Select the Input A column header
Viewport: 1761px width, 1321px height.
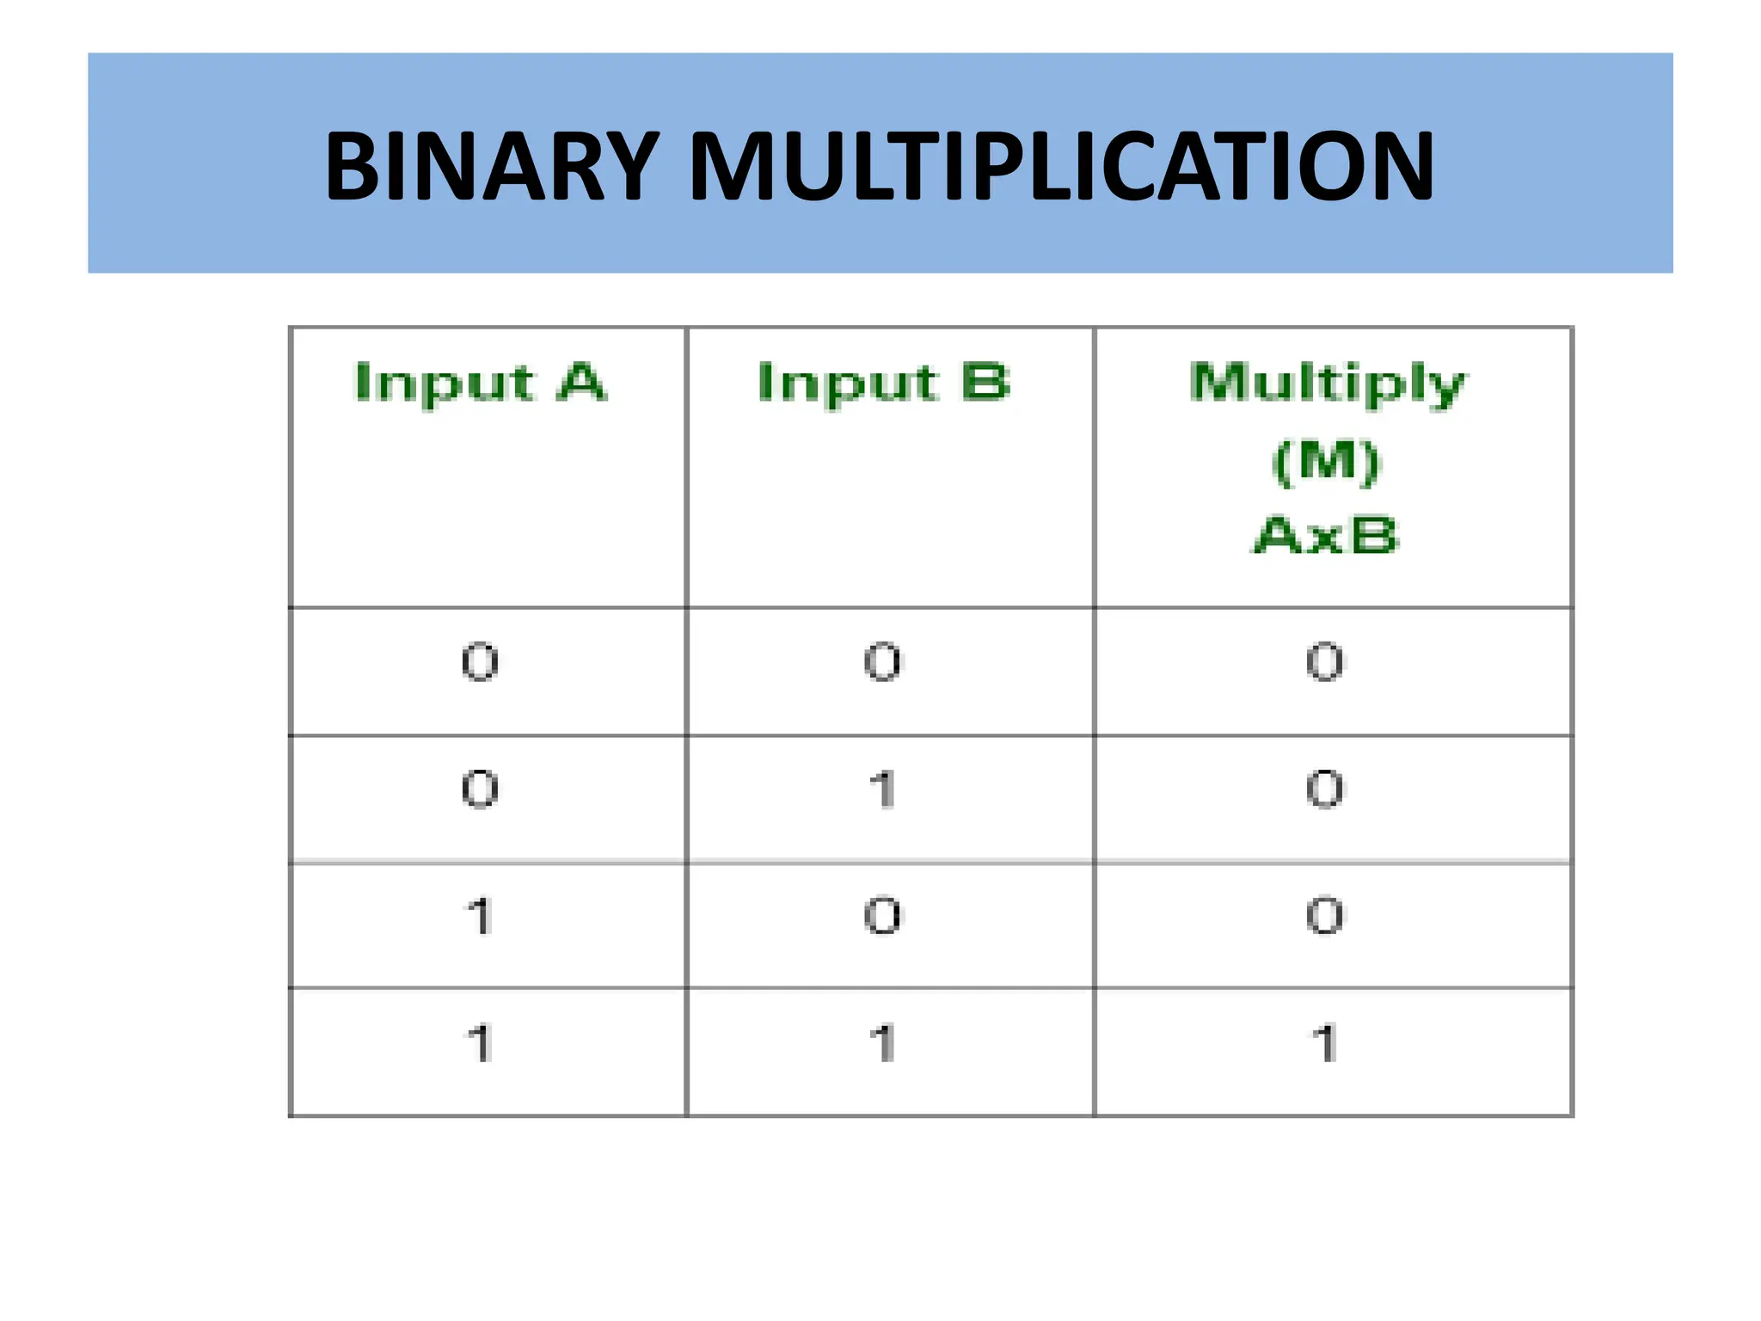point(481,383)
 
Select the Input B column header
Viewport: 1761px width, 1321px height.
point(884,383)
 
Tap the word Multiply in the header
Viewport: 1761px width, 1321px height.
point(1328,384)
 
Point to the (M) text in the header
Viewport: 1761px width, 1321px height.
point(1326,462)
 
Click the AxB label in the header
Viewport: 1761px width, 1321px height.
point(1326,536)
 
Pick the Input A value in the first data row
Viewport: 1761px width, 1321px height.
point(480,662)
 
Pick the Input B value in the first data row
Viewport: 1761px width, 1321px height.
point(883,662)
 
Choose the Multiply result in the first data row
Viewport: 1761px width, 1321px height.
point(1325,662)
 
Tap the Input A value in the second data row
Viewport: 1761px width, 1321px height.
point(480,789)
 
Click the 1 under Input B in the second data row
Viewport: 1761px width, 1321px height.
point(883,789)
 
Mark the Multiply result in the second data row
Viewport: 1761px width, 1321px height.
point(1325,789)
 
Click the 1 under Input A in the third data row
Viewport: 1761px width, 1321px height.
point(480,916)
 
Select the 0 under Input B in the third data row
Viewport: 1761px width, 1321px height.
point(883,916)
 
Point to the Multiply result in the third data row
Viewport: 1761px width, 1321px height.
point(1325,916)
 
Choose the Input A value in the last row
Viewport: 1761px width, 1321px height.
point(480,1043)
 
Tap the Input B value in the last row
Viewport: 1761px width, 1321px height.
point(883,1043)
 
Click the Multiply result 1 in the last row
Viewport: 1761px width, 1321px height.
point(1325,1043)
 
